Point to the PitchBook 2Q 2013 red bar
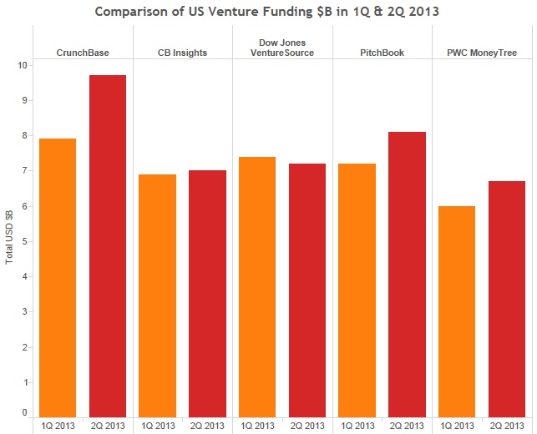[x=407, y=275]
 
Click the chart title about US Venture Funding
[x=268, y=12]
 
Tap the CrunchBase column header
[x=83, y=53]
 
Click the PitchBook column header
[x=382, y=53]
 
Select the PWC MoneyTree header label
[x=482, y=53]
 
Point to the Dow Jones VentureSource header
[x=282, y=47]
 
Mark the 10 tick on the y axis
[x=21, y=65]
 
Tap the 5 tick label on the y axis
[x=24, y=241]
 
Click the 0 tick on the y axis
[x=24, y=413]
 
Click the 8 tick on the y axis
[x=24, y=135]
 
